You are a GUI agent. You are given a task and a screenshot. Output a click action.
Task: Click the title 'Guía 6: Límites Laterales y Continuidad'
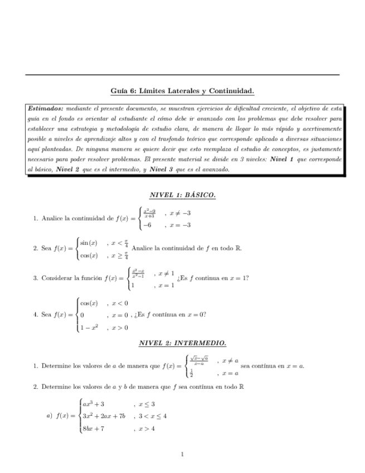[182, 90]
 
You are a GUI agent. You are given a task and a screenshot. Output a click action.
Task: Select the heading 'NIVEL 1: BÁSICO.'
[182, 195]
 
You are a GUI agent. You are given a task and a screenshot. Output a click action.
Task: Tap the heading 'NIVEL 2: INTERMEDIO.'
[182, 343]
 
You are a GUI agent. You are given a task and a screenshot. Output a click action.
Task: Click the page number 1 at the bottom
[182, 454]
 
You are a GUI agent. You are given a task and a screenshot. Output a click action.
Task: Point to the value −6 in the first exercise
[148, 225]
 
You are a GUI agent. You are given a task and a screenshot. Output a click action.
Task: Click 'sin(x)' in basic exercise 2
[89, 243]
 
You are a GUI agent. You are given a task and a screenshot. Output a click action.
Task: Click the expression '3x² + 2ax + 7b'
[103, 416]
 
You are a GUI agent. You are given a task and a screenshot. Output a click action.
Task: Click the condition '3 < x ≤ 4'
[152, 416]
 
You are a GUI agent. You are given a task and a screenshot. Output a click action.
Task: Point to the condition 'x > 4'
[146, 429]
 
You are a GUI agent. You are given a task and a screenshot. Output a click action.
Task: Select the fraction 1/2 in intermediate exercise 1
[192, 373]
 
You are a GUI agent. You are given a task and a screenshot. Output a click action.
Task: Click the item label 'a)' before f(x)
[48, 416]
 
